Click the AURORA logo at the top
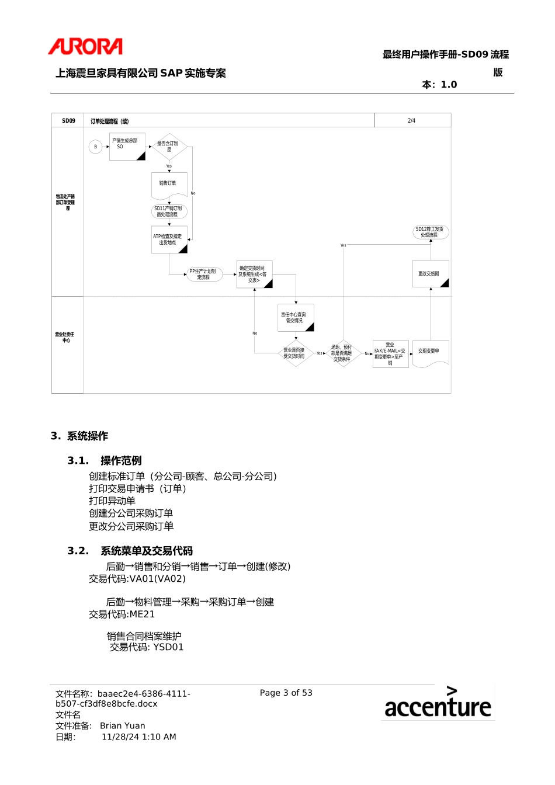point(85,47)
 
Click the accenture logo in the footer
point(438,703)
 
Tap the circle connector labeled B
point(96,147)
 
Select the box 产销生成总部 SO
point(127,146)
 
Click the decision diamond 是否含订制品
point(169,147)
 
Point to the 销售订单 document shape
point(169,184)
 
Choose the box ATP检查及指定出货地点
point(169,239)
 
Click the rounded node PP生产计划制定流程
point(204,274)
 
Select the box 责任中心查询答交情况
point(295,318)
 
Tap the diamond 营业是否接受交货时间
point(294,353)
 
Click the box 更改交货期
point(430,274)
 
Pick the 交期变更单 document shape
point(430,353)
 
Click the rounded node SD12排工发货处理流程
point(430,232)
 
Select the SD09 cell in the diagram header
point(68,121)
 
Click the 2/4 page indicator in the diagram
point(411,121)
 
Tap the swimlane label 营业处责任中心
point(65,337)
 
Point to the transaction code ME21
point(142,614)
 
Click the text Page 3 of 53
point(286,693)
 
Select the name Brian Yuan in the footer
point(122,726)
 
